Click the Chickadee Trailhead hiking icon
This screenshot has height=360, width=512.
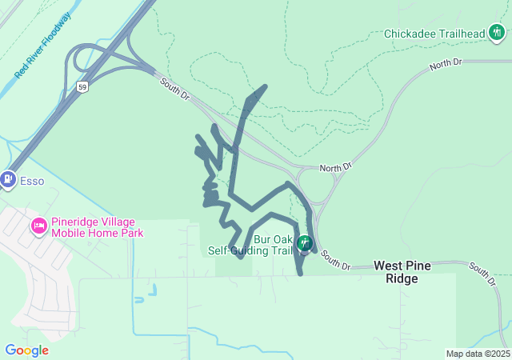pyautogui.click(x=498, y=34)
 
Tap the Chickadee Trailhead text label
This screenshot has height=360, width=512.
pyautogui.click(x=434, y=34)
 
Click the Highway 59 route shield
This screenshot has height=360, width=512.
pyautogui.click(x=82, y=86)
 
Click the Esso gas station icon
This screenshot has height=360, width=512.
pyautogui.click(x=9, y=180)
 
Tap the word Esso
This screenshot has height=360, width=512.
pyautogui.click(x=32, y=181)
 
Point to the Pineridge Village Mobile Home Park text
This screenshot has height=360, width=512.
pyautogui.click(x=97, y=227)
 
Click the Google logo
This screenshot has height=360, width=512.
pyautogui.click(x=26, y=350)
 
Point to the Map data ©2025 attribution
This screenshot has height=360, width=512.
pyautogui.click(x=478, y=354)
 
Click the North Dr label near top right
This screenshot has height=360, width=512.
pyautogui.click(x=446, y=63)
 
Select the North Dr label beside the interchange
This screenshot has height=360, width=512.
pyautogui.click(x=335, y=168)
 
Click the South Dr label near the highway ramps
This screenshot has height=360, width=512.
pyautogui.click(x=174, y=89)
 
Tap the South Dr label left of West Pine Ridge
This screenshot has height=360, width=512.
pyautogui.click(x=336, y=262)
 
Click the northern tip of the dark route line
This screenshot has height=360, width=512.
pyautogui.click(x=265, y=86)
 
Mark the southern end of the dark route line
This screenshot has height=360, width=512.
pyautogui.click(x=301, y=274)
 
